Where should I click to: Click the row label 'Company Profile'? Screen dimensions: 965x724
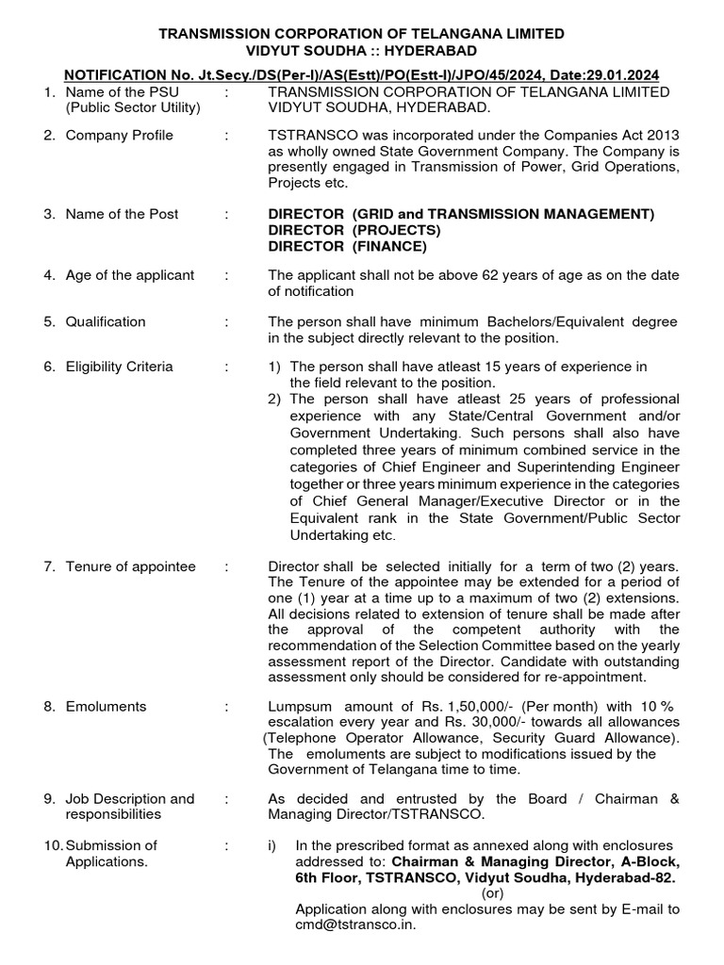[x=119, y=136]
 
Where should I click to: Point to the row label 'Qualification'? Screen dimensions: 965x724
[x=106, y=321]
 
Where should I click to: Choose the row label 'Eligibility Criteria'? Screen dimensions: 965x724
[x=119, y=367]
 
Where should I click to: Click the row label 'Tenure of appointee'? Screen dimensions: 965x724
[x=130, y=566]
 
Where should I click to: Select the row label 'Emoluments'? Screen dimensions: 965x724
[x=106, y=705]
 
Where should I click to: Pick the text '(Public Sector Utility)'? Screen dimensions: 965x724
[x=133, y=107]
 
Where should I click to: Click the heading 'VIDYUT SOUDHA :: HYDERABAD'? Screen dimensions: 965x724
[x=362, y=50]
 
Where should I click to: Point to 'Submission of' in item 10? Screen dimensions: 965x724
[x=111, y=844]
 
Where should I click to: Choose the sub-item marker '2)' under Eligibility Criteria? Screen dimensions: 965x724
[x=275, y=400]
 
